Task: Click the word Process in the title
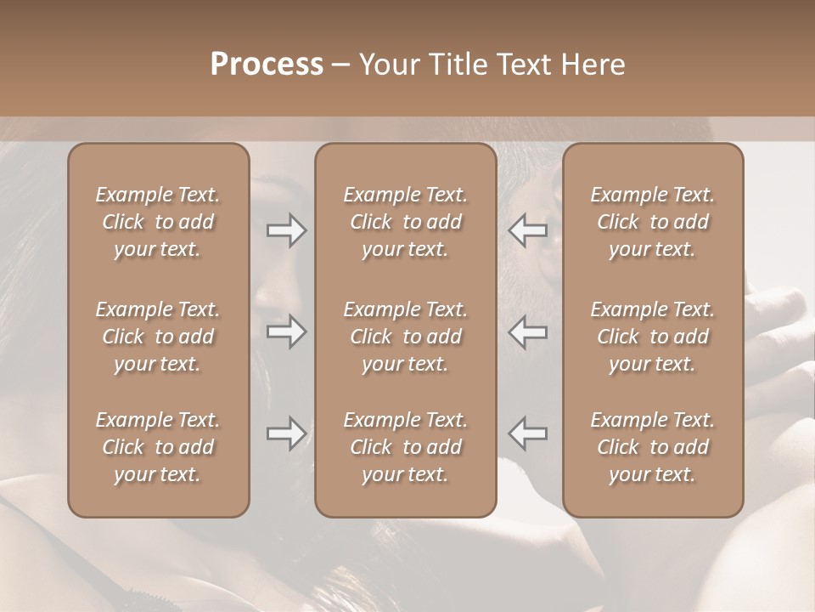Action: (x=267, y=65)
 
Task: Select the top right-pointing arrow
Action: (x=287, y=230)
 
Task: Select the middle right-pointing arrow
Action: (x=287, y=331)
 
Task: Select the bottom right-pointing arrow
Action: (x=287, y=433)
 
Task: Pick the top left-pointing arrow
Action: (x=528, y=230)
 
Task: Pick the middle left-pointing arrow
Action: (x=528, y=331)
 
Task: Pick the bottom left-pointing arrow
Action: (x=528, y=433)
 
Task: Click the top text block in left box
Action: (x=158, y=222)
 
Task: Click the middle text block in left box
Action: (x=158, y=337)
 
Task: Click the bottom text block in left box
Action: (x=158, y=447)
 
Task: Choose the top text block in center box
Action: (x=406, y=222)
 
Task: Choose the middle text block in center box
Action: (x=406, y=337)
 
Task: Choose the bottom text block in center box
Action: (x=406, y=447)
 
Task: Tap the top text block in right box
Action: (x=653, y=222)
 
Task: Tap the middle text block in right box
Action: (x=653, y=337)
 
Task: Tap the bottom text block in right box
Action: (x=653, y=447)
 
